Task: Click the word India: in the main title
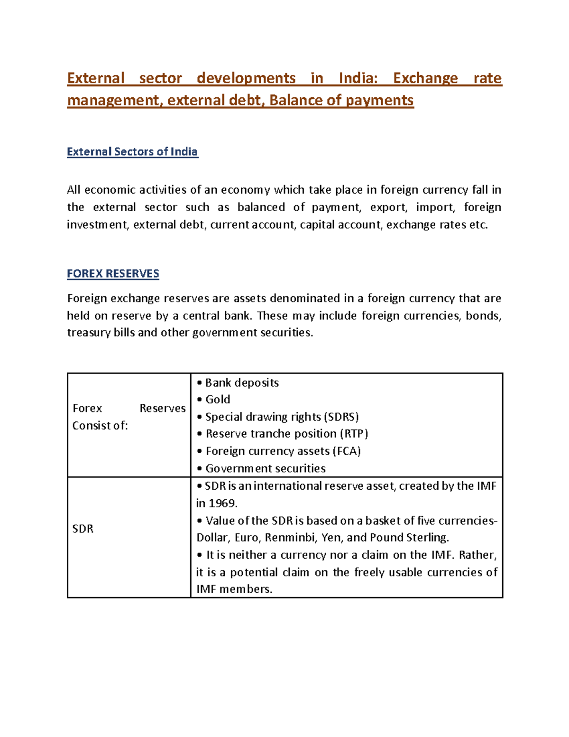358,78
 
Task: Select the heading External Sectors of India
132,152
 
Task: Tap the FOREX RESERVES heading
113,274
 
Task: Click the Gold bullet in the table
217,400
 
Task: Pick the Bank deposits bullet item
241,382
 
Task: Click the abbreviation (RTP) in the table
354,434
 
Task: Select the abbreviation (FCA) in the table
346,451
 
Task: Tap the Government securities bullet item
265,468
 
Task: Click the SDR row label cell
83,529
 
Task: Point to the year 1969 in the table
222,503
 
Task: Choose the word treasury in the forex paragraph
89,333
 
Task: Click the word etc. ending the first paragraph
478,224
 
